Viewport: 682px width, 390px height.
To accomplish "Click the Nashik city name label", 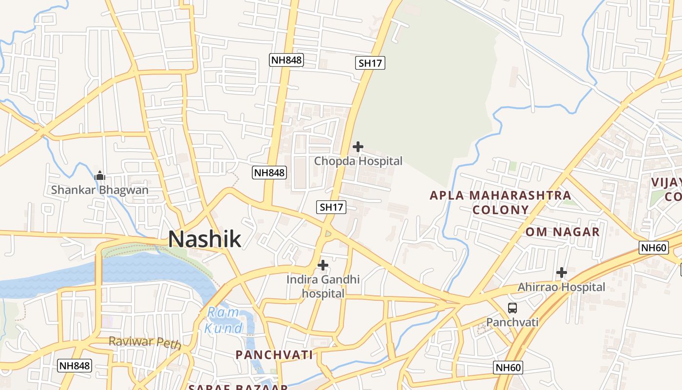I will tap(205, 239).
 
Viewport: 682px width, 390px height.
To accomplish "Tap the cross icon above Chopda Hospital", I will tap(358, 146).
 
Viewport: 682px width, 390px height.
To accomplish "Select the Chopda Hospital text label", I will tap(358, 161).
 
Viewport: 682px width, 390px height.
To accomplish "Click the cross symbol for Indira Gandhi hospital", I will tap(322, 265).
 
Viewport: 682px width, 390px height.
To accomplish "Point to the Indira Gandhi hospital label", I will tap(323, 287).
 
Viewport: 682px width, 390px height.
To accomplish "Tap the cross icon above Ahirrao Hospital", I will tap(562, 273).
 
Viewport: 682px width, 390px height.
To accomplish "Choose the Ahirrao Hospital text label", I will tap(561, 287).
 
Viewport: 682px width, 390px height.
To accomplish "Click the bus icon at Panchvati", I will tap(512, 308).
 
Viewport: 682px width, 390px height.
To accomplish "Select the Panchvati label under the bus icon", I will tap(512, 322).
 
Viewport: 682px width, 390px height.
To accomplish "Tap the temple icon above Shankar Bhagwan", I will tap(100, 175).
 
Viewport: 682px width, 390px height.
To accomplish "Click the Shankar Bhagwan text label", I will tap(100, 190).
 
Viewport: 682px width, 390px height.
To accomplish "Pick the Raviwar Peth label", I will tap(145, 343).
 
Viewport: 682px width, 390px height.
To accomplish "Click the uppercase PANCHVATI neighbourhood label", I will tap(274, 355).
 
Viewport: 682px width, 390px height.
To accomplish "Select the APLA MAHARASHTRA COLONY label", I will tap(500, 202).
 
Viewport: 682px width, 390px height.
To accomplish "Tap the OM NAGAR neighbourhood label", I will tap(562, 232).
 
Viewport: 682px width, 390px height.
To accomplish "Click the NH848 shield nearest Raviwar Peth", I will tap(75, 365).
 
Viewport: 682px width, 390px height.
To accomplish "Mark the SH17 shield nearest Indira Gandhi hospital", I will tap(331, 207).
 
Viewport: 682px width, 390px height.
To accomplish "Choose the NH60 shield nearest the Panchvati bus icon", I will tap(508, 368).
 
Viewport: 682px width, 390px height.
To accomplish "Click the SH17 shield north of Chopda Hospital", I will tap(370, 63).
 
